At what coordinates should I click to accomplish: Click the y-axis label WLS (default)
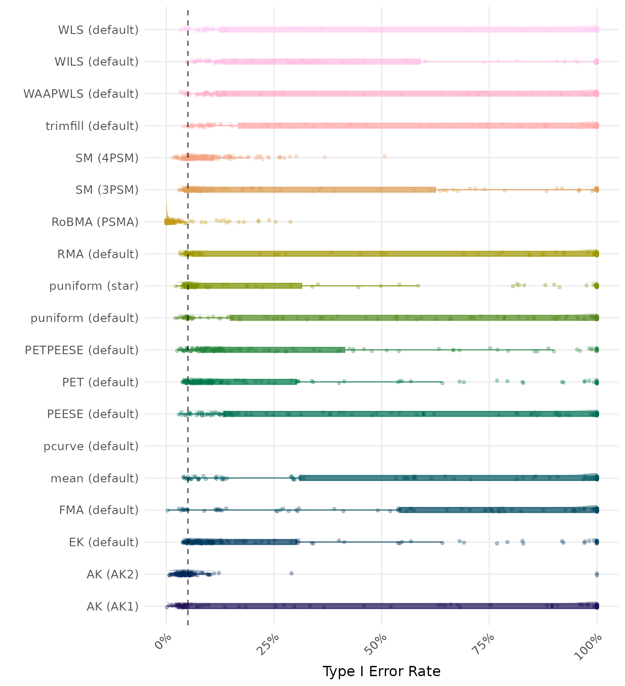click(x=98, y=30)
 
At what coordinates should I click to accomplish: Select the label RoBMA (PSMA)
click(x=95, y=222)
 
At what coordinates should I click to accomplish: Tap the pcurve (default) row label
click(x=91, y=446)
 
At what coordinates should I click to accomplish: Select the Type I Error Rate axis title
click(x=381, y=671)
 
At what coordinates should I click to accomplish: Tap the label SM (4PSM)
click(x=107, y=158)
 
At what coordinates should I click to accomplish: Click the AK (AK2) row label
click(x=112, y=574)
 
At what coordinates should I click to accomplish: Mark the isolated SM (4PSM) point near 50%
click(x=384, y=156)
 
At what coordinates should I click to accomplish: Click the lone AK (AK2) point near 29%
click(x=291, y=573)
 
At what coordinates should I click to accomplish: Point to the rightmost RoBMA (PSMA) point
click(x=290, y=222)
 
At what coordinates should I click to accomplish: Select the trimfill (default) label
click(x=92, y=126)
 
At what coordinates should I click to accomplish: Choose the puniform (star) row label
click(x=94, y=286)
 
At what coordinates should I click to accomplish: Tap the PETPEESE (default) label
click(x=82, y=350)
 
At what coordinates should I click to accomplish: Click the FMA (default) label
click(x=99, y=510)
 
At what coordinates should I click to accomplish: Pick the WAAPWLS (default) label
click(x=81, y=94)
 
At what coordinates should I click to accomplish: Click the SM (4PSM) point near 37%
click(x=325, y=157)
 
